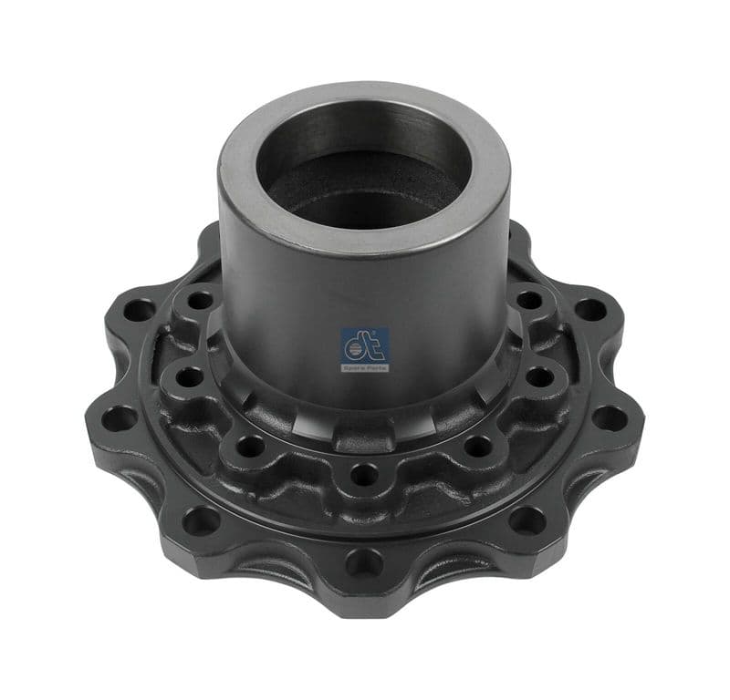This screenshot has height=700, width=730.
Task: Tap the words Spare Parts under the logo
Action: click(365, 366)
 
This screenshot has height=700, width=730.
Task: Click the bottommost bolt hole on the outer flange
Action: click(363, 562)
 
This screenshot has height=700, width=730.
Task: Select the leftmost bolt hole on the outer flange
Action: click(120, 418)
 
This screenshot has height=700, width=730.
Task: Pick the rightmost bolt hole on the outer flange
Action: click(609, 417)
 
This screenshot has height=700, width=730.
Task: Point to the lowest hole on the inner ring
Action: click(363, 474)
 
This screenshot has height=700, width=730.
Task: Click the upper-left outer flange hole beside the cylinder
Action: click(140, 310)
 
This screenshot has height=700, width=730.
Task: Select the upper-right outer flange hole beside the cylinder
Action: click(589, 309)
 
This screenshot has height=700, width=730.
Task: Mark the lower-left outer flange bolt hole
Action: click(202, 520)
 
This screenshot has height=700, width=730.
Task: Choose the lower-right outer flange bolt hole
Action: click(527, 520)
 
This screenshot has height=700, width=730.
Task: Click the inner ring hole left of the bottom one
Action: click(247, 445)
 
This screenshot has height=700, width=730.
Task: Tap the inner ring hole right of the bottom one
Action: click(479, 445)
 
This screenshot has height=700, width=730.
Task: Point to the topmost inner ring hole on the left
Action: click(199, 299)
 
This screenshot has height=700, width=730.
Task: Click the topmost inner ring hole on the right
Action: click(529, 298)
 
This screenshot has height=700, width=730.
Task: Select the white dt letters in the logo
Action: click(364, 344)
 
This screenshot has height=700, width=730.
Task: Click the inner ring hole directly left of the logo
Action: click(189, 375)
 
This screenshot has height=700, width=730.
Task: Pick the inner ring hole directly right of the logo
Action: click(538, 375)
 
